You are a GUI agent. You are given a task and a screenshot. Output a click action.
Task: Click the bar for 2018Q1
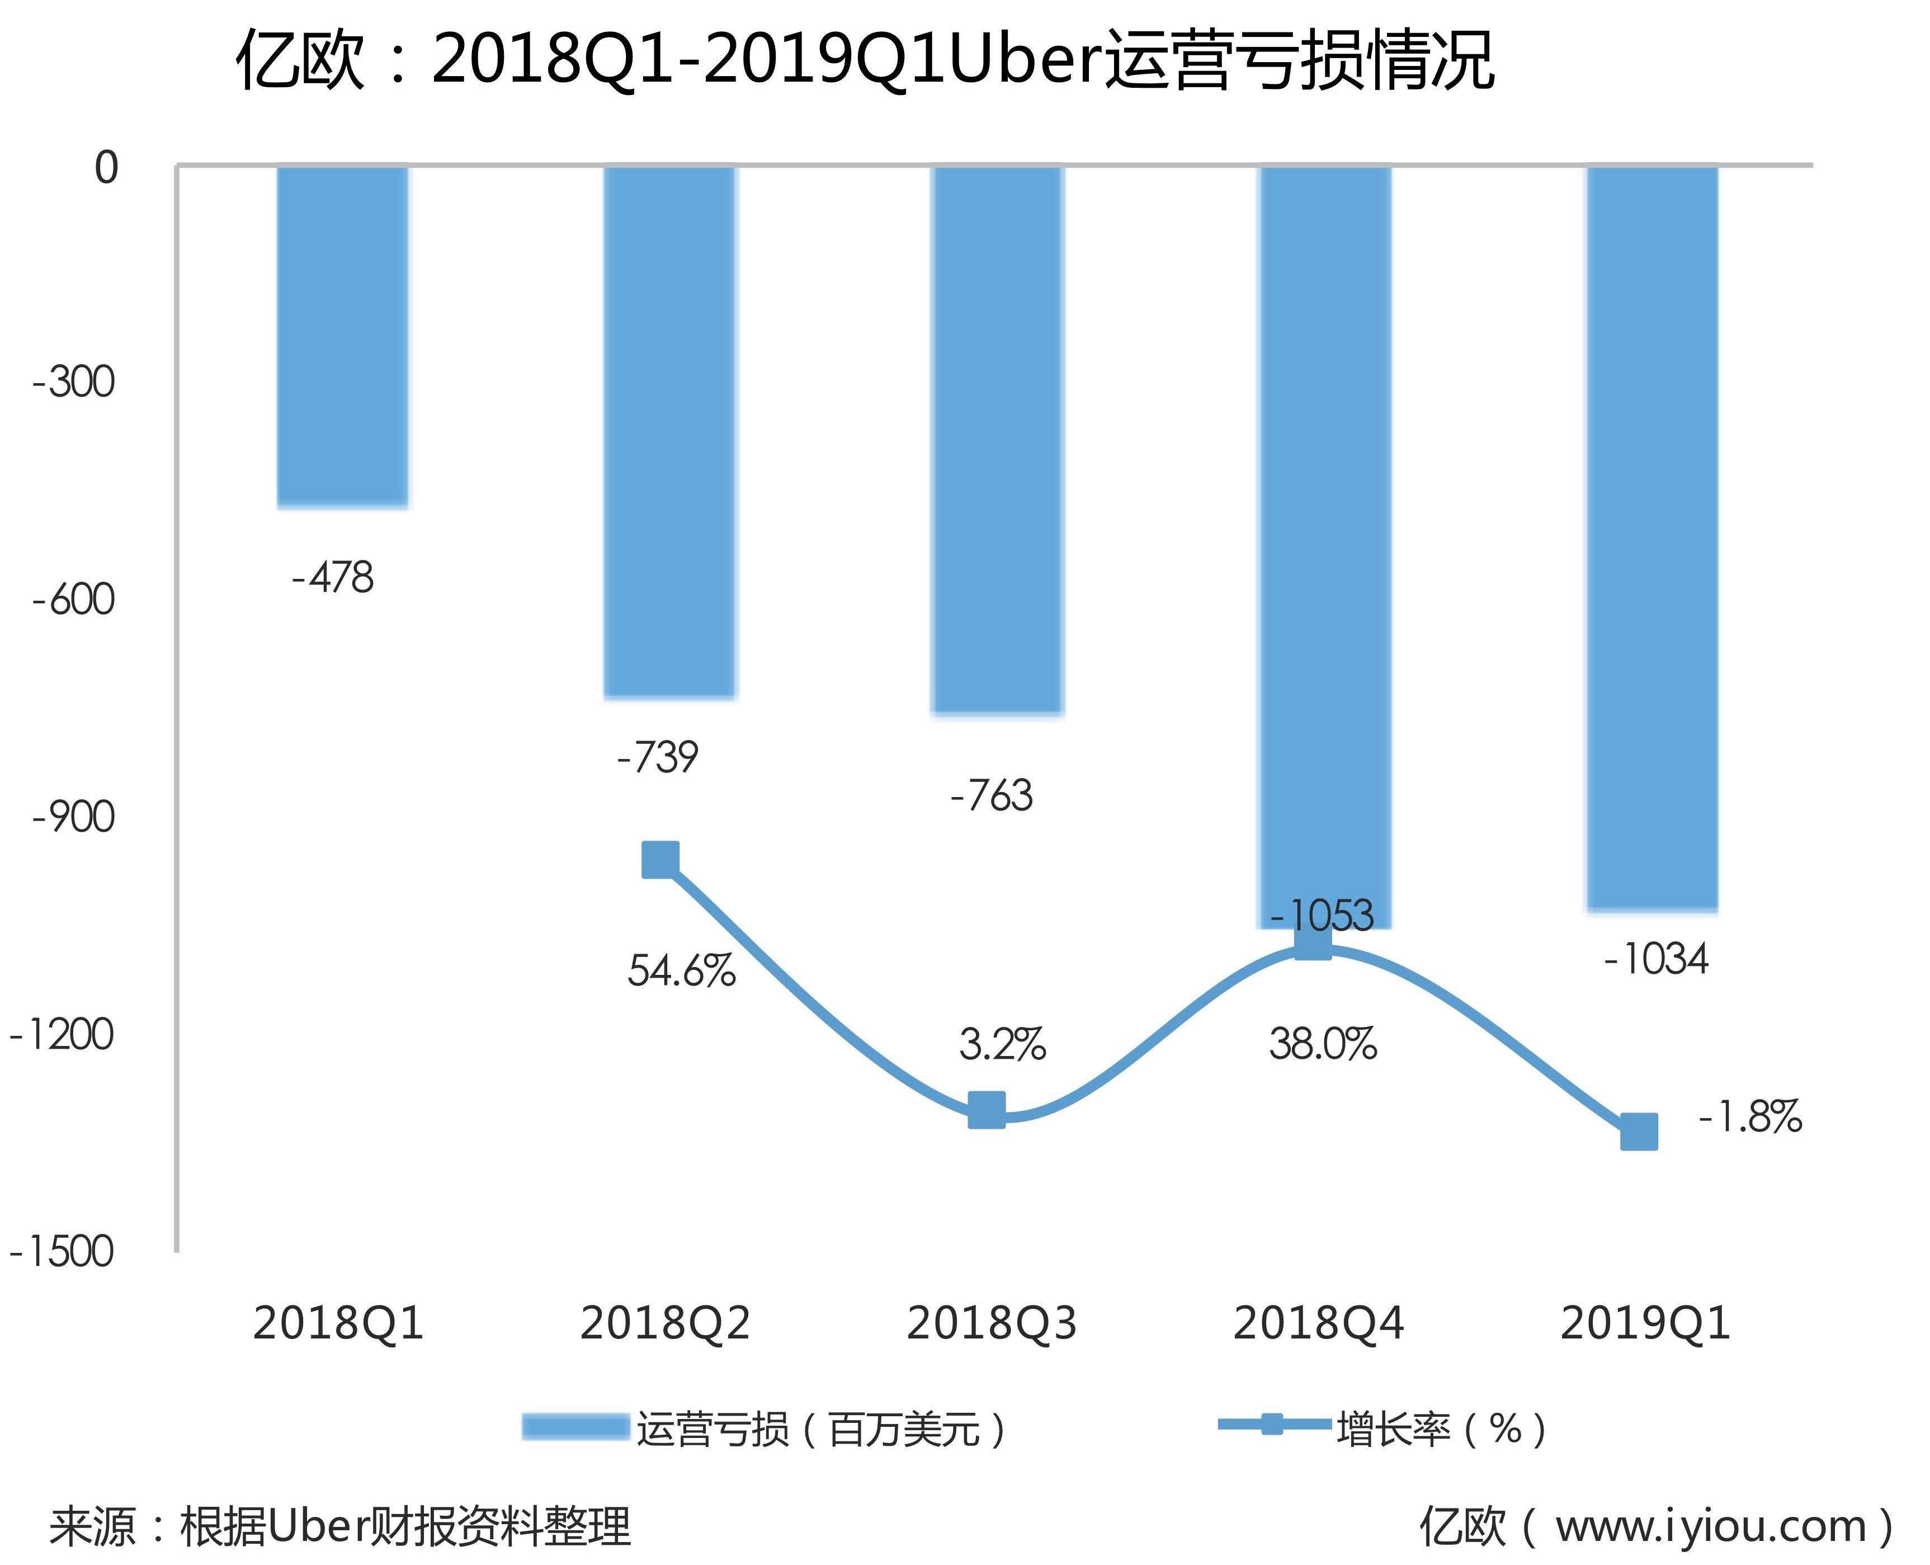point(343,336)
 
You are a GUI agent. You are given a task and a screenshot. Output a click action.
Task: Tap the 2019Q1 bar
point(1653,538)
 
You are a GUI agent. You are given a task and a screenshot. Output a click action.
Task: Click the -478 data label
point(333,578)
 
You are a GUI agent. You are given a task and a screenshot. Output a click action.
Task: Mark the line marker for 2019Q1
point(1639,1132)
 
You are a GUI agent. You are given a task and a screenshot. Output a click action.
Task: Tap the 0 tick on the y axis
point(106,168)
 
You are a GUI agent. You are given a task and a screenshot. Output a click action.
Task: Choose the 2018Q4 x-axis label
point(1318,1323)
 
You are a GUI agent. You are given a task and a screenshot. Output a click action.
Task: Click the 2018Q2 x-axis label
point(666,1323)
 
